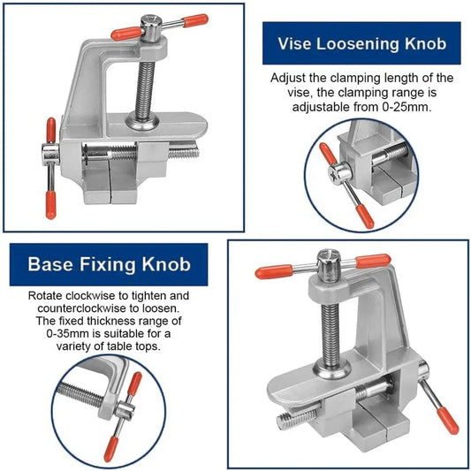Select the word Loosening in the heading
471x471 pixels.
[x=359, y=43]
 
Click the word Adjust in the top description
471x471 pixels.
[x=289, y=78]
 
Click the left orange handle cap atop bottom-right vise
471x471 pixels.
[x=270, y=271]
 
